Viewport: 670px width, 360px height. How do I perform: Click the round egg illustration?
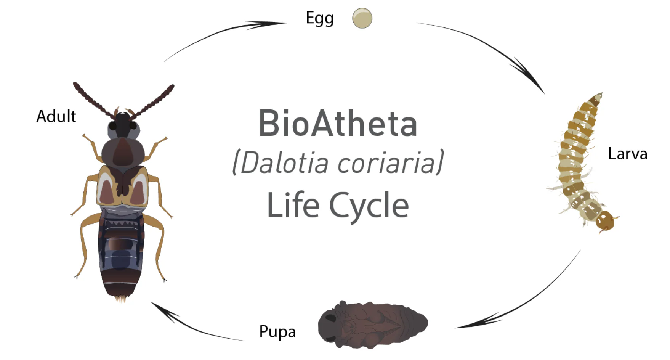(x=362, y=18)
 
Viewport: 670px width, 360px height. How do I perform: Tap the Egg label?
(x=320, y=18)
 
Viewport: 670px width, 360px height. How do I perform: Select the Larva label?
(x=628, y=154)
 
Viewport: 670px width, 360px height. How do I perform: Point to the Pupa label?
(x=277, y=332)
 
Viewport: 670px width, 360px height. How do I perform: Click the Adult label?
(x=56, y=116)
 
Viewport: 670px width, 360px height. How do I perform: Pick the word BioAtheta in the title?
(x=338, y=123)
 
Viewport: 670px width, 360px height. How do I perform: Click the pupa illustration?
(x=373, y=324)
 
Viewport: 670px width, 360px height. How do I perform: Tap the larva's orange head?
(x=605, y=221)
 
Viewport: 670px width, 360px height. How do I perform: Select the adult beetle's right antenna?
(x=152, y=101)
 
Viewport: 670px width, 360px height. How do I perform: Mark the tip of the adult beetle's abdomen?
(x=121, y=299)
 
